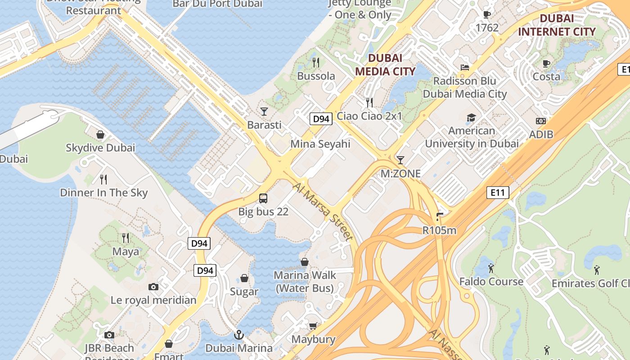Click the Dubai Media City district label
pyautogui.click(x=385, y=64)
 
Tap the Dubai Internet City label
pyautogui.click(x=557, y=25)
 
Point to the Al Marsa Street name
pyautogui.click(x=322, y=211)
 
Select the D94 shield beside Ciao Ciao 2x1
pyautogui.click(x=321, y=119)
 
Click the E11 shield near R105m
pyautogui.click(x=497, y=193)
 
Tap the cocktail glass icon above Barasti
pyautogui.click(x=264, y=111)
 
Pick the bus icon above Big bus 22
pyautogui.click(x=263, y=198)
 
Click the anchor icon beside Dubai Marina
pyautogui.click(x=239, y=334)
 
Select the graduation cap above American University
pyautogui.click(x=471, y=117)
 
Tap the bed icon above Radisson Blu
pyautogui.click(x=465, y=67)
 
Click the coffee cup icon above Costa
pyautogui.click(x=546, y=63)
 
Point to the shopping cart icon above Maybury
pyautogui.click(x=313, y=325)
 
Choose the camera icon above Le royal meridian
pyautogui.click(x=153, y=287)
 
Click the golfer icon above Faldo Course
pyautogui.click(x=490, y=268)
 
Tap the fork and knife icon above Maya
pyautogui.click(x=126, y=238)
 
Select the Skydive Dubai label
pyautogui.click(x=100, y=148)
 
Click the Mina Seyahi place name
pyautogui.click(x=320, y=144)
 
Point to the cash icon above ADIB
pyautogui.click(x=541, y=121)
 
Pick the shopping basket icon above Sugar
pyautogui.click(x=244, y=278)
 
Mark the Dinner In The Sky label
pyautogui.click(x=104, y=193)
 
